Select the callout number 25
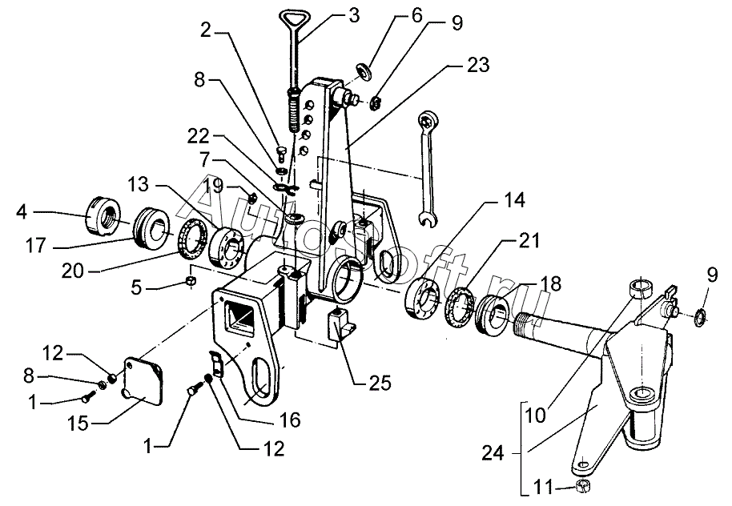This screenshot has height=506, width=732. tap(380, 383)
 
